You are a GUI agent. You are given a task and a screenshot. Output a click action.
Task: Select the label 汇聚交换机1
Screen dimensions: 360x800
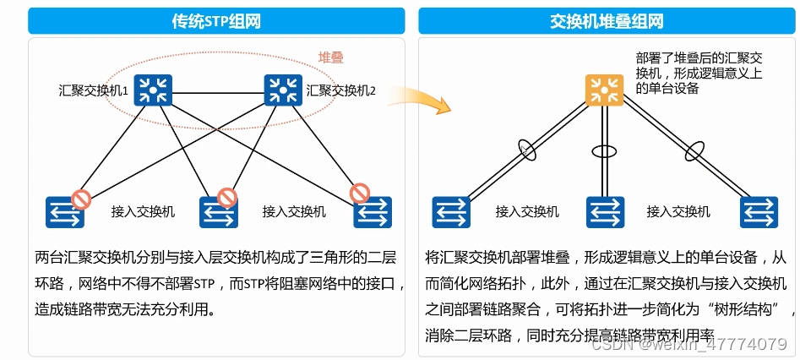click(x=92, y=90)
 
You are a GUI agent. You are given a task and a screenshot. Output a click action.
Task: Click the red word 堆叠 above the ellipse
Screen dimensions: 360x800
click(x=330, y=57)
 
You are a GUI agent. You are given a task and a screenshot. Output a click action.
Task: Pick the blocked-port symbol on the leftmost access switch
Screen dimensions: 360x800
click(x=81, y=199)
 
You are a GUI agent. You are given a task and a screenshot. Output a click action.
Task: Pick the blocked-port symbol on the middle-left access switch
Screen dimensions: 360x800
click(x=227, y=198)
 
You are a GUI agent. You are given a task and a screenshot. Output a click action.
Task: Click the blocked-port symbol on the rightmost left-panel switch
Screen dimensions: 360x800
click(x=361, y=194)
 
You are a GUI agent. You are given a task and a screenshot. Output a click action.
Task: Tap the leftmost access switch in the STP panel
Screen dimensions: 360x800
click(x=65, y=212)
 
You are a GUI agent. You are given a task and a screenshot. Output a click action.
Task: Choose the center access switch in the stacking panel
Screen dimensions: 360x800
click(x=603, y=211)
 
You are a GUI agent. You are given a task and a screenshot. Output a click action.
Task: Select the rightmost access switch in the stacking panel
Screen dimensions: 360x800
click(x=758, y=211)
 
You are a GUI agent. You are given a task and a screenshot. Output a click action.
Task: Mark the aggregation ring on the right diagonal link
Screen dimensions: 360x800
click(x=694, y=151)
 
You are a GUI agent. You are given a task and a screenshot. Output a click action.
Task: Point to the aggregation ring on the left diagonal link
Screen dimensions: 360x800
click(x=528, y=150)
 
